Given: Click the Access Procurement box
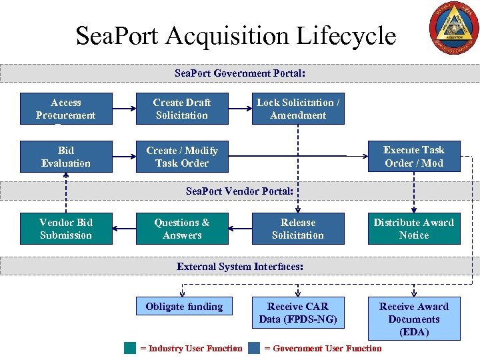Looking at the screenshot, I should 66,109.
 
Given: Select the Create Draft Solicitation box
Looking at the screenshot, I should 182,109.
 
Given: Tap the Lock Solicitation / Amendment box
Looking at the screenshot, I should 298,109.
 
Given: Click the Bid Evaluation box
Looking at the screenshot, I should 66,157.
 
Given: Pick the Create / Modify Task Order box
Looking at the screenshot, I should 182,157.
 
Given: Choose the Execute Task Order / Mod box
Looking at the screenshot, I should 414,157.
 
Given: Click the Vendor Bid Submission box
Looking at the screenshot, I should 66,229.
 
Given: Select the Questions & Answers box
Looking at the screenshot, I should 182,229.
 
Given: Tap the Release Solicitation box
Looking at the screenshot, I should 298,229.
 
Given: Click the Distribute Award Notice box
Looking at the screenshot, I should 414,229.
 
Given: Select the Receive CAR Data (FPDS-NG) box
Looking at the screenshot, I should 298,313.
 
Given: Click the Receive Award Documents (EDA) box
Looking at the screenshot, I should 414,319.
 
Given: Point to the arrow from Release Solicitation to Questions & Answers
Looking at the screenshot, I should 240,229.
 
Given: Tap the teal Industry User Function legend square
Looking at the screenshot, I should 130,348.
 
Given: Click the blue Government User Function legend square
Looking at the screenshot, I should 254,348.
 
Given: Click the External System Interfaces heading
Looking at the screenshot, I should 240,267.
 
